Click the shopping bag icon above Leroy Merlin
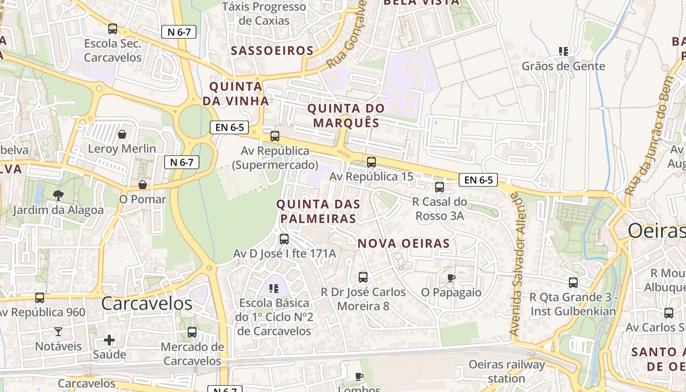[122, 134]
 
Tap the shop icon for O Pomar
[143, 185]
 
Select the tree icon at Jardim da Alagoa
[58, 196]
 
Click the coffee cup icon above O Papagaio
[451, 278]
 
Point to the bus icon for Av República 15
[371, 162]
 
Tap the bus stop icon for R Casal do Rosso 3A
[440, 187]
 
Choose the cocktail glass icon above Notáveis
[58, 332]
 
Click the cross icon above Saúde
[109, 340]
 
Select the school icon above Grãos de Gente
[563, 51]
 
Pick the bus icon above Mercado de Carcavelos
[192, 332]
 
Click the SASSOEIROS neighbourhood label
[272, 50]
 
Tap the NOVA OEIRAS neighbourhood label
[403, 243]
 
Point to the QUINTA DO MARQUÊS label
[346, 115]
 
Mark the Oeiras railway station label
[507, 371]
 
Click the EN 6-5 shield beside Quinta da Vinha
[229, 127]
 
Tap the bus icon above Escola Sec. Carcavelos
[113, 29]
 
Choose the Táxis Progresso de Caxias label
[264, 14]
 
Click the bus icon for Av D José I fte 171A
[284, 239]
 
